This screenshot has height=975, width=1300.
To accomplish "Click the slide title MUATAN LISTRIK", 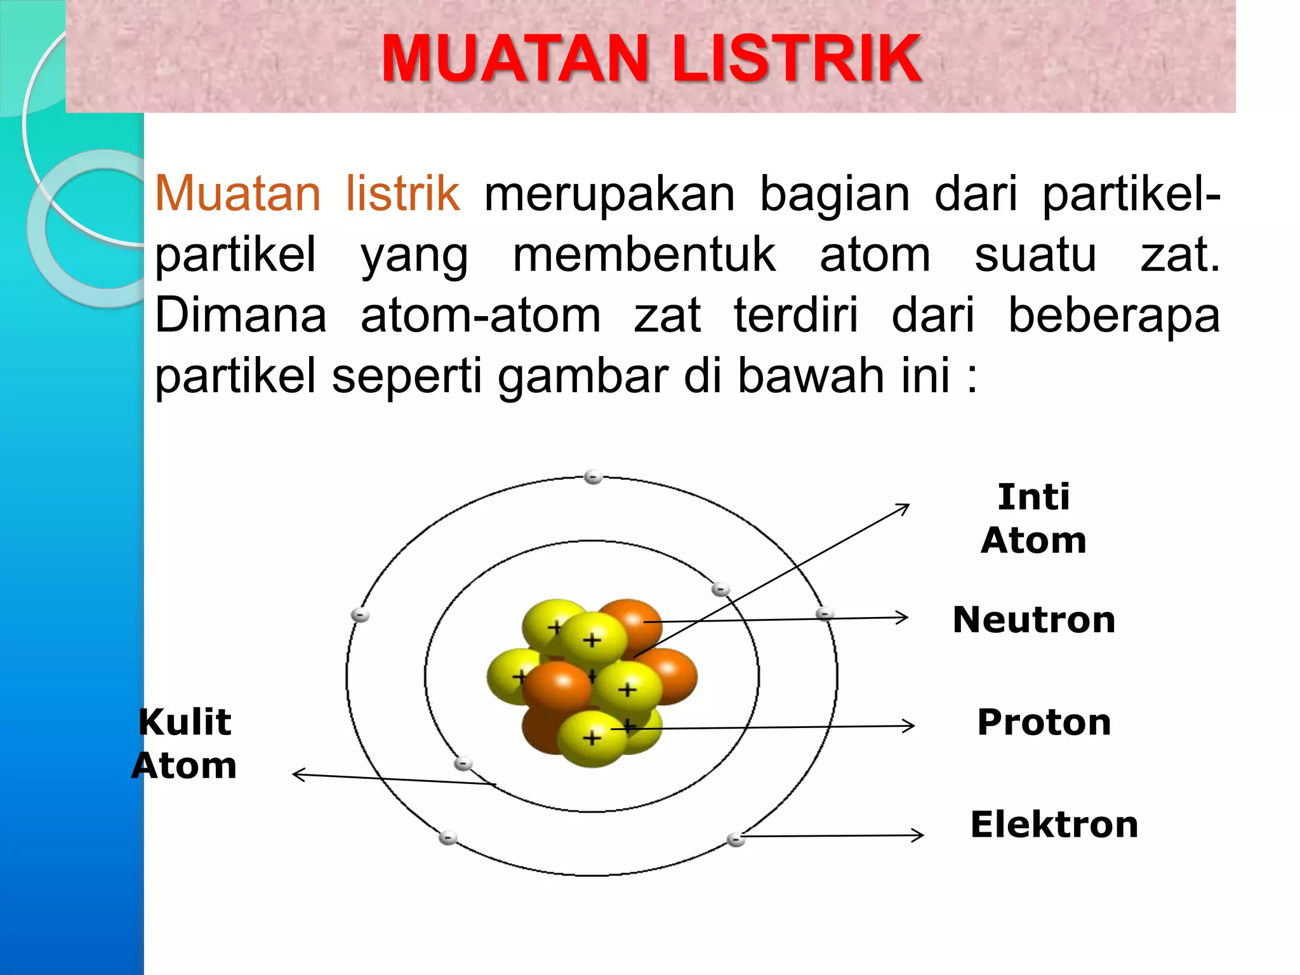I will [x=651, y=58].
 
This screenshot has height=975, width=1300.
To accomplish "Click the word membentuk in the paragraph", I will [x=644, y=255].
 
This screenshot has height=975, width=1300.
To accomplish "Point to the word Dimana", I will [x=241, y=315].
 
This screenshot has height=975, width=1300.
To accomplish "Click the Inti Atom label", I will [x=1033, y=518].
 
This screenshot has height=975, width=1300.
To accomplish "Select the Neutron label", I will [x=1034, y=620].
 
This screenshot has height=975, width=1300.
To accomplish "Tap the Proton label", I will [x=1044, y=722].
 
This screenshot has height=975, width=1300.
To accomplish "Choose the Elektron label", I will [x=1054, y=825].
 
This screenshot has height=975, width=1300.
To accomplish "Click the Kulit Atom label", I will [x=185, y=743].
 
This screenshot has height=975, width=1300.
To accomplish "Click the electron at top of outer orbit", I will [x=593, y=477].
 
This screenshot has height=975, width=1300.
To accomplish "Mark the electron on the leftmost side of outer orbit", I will [x=360, y=614].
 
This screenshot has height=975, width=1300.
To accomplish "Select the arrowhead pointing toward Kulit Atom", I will [x=298, y=774].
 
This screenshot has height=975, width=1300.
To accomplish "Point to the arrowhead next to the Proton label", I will [x=910, y=726].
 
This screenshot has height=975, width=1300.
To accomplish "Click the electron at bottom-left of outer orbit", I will [x=448, y=837].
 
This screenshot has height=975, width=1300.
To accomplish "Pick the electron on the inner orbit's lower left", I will [x=463, y=763].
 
